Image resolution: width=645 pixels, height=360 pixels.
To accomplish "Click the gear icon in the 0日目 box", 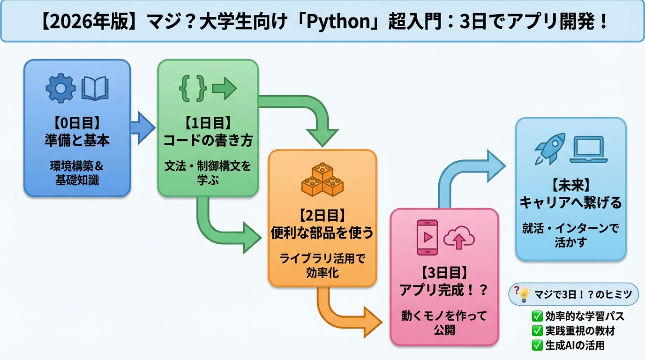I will (x=60, y=88).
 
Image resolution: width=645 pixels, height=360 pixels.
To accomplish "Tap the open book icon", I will (x=95, y=89).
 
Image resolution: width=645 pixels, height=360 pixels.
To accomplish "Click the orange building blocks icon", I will (x=322, y=179).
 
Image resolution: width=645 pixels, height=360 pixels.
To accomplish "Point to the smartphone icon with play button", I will (x=427, y=237).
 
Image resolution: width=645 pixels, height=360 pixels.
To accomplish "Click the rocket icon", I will (x=550, y=148).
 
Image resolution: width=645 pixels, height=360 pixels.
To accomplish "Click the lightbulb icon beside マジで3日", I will (x=525, y=294).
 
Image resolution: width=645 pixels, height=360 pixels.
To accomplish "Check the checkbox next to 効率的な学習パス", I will (x=537, y=316).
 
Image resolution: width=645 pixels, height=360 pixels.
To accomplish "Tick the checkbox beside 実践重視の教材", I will (x=537, y=330).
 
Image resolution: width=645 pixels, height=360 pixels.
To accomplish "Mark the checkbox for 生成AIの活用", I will (x=537, y=345).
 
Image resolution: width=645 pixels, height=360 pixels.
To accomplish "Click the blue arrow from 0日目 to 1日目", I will (x=142, y=127).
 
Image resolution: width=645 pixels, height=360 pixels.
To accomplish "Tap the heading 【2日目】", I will (x=322, y=216).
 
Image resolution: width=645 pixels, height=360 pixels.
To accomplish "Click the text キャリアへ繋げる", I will (x=570, y=202).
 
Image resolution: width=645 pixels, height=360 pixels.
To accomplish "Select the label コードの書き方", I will (x=208, y=141).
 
